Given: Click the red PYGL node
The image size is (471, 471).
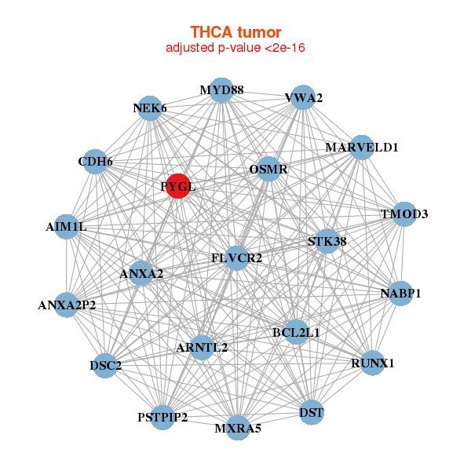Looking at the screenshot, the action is [x=179, y=186].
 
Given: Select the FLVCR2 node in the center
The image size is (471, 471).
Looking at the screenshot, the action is [x=237, y=258].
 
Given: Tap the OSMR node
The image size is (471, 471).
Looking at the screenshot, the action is [x=268, y=169].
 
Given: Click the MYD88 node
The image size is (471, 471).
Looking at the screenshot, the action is [x=221, y=90].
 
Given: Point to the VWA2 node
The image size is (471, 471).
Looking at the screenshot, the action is [x=303, y=97].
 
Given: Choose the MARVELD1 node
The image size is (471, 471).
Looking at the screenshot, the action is [x=361, y=148].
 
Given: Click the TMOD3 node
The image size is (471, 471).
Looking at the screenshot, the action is [x=403, y=214].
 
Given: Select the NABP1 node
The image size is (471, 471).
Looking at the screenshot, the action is [x=400, y=294].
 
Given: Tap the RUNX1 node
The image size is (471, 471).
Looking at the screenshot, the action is [x=372, y=363].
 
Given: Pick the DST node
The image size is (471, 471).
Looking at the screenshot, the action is [x=312, y=412].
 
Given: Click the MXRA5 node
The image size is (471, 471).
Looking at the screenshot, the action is [x=238, y=429].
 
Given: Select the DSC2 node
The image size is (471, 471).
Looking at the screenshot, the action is [x=106, y=366].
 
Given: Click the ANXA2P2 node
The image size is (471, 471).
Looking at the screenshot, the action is [x=67, y=305].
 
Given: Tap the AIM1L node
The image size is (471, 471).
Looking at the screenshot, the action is [x=67, y=227].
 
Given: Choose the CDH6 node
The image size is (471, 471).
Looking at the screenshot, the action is [x=96, y=162].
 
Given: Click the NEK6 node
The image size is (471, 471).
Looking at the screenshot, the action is [x=150, y=108].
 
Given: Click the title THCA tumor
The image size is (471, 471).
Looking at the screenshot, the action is [x=235, y=32].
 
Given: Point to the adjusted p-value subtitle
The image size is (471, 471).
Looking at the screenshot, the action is [x=235, y=48].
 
